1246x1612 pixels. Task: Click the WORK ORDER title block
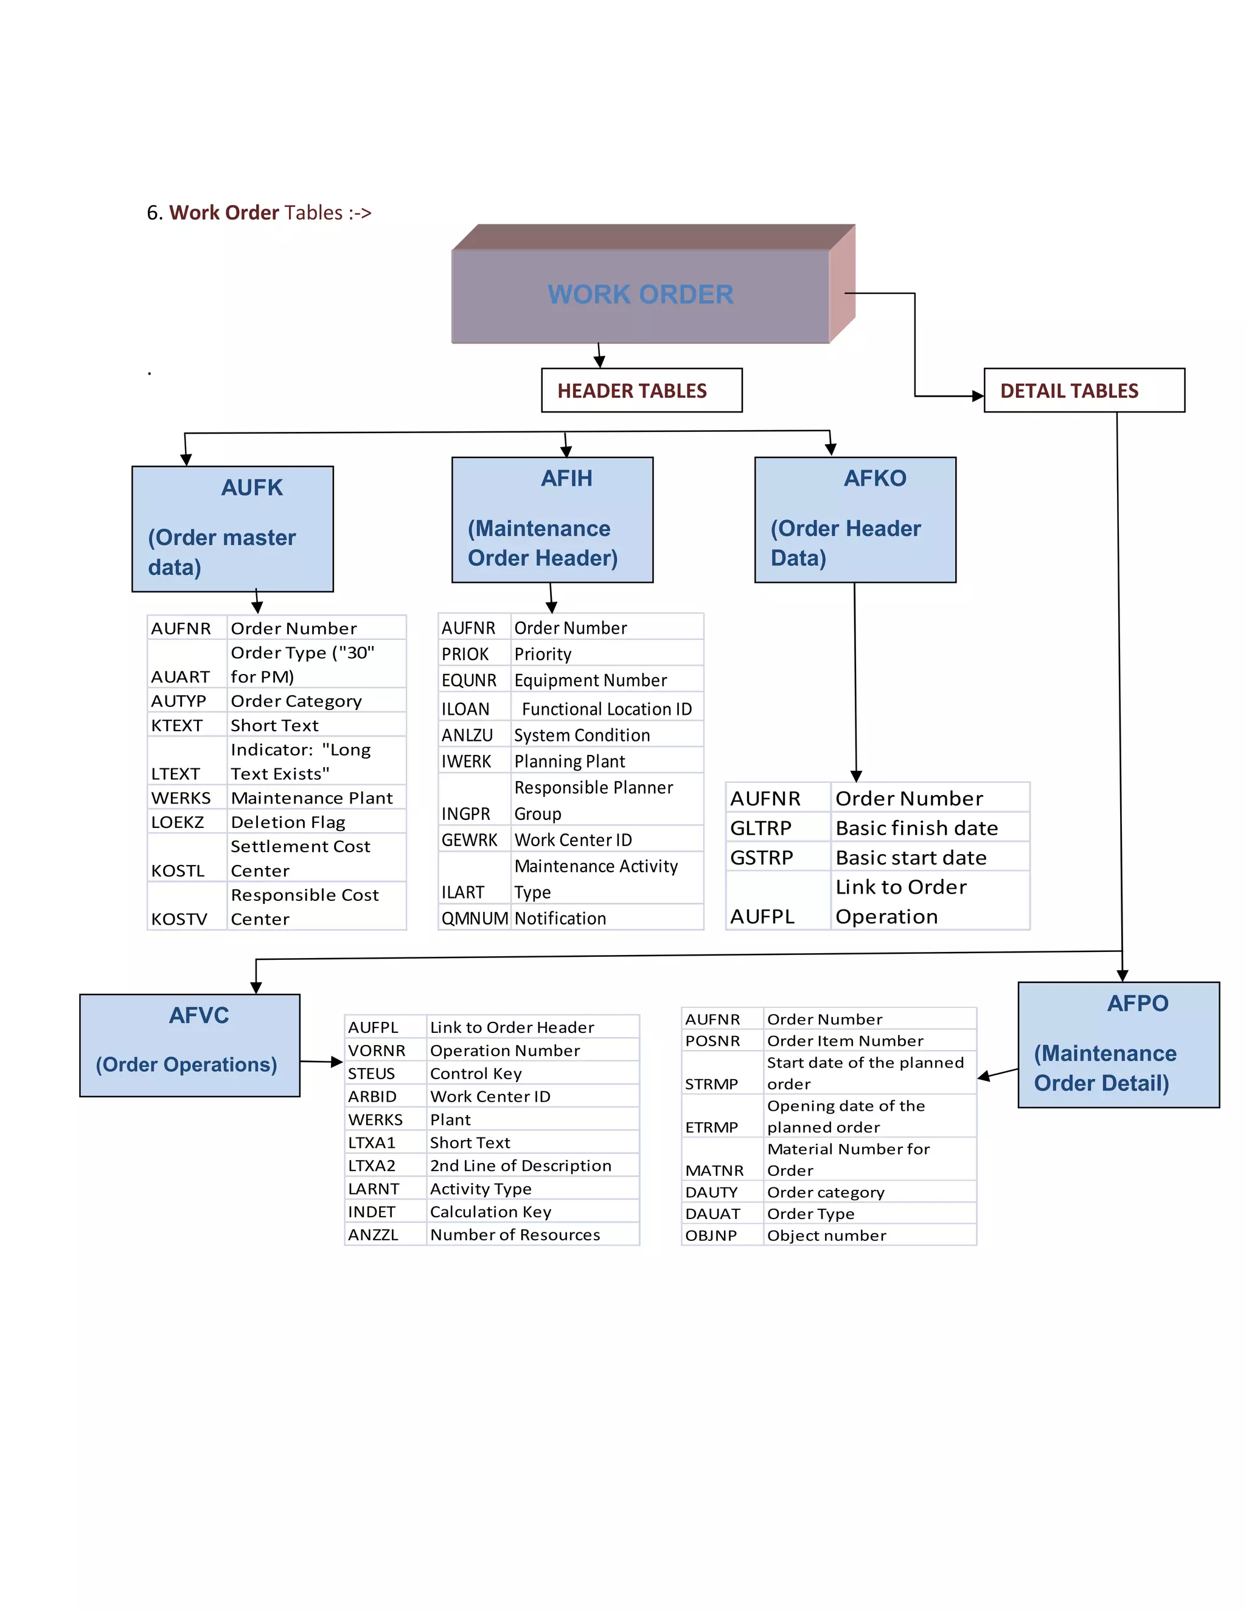[x=640, y=294]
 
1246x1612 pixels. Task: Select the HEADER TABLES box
[x=641, y=391]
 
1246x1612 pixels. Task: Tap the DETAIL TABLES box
[x=1083, y=391]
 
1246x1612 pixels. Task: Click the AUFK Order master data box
[x=232, y=529]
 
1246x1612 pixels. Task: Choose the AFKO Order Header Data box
[x=854, y=519]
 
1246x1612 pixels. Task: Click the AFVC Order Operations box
[x=189, y=1044]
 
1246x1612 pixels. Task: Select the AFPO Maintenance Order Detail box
[x=1118, y=1044]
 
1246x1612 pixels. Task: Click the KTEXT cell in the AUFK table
[x=177, y=726]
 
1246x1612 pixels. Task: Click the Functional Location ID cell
[x=606, y=709]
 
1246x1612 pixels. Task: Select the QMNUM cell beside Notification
[x=474, y=918]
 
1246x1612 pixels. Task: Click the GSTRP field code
[x=761, y=858]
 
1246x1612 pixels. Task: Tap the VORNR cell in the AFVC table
[x=377, y=1051]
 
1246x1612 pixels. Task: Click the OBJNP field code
[x=711, y=1235]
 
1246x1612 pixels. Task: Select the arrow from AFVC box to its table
[x=321, y=1061]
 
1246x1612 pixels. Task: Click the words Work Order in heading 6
[x=224, y=212]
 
